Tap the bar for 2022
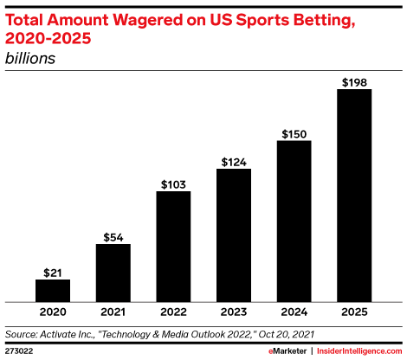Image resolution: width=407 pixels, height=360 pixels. click(173, 247)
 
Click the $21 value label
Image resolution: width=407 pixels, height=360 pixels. click(53, 272)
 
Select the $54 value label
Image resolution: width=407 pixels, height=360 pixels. click(113, 236)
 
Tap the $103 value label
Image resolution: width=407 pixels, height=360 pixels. click(173, 184)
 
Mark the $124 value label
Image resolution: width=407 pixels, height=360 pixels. click(234, 162)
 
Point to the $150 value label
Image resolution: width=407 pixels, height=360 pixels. click(294, 134)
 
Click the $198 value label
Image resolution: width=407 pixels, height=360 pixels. click(354, 82)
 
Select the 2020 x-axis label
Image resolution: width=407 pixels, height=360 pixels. click(53, 312)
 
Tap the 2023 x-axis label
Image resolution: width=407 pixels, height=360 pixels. click(234, 312)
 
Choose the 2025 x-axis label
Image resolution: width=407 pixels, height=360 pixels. click(354, 312)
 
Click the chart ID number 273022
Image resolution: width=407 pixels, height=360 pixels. click(19, 351)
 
